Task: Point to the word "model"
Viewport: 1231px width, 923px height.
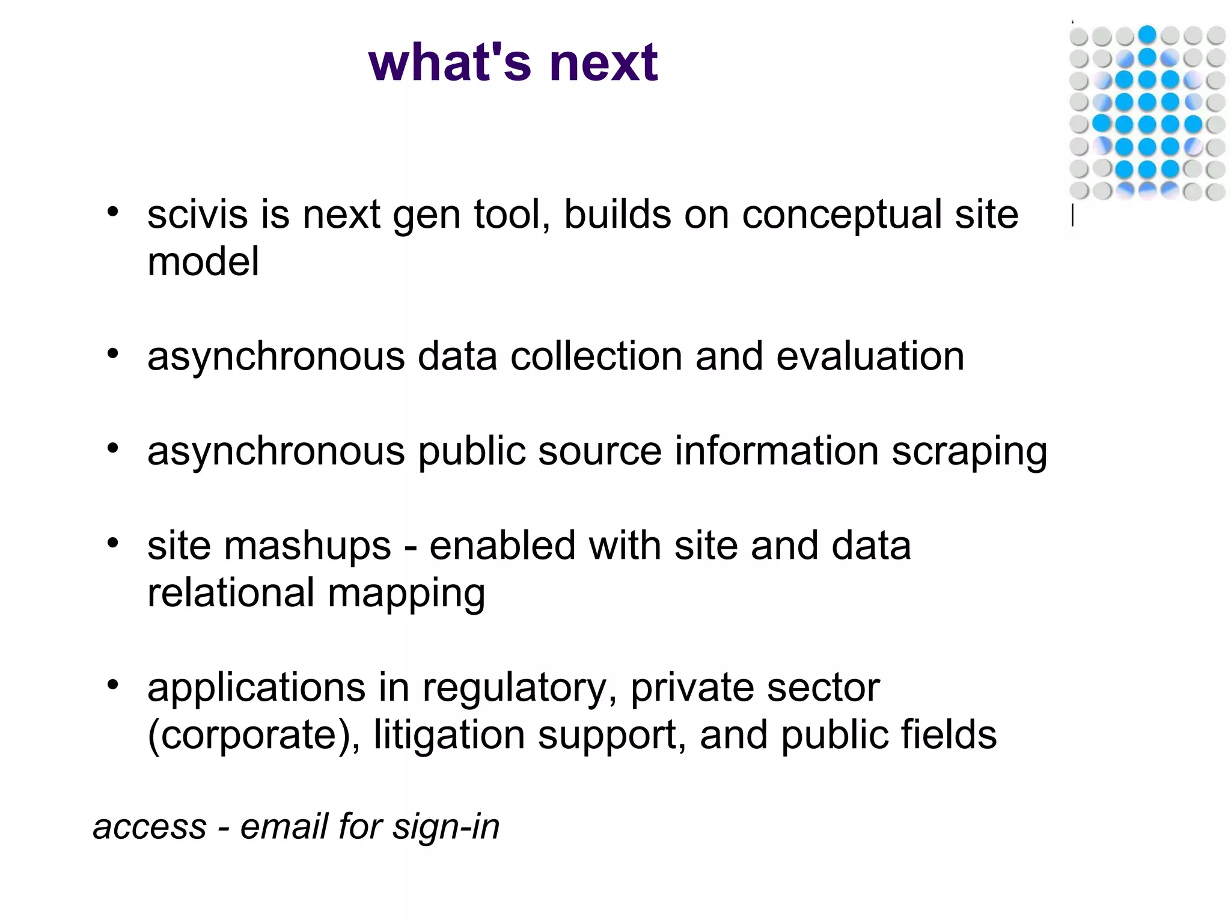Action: (203, 262)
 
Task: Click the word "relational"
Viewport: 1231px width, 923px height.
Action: (231, 593)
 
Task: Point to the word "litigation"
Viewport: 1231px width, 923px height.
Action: (449, 736)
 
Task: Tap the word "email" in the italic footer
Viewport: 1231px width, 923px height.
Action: (283, 826)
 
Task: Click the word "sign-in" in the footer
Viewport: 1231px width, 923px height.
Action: (446, 827)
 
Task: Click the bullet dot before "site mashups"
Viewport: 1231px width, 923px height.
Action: (112, 543)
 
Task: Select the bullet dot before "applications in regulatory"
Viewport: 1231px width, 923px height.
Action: (112, 685)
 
